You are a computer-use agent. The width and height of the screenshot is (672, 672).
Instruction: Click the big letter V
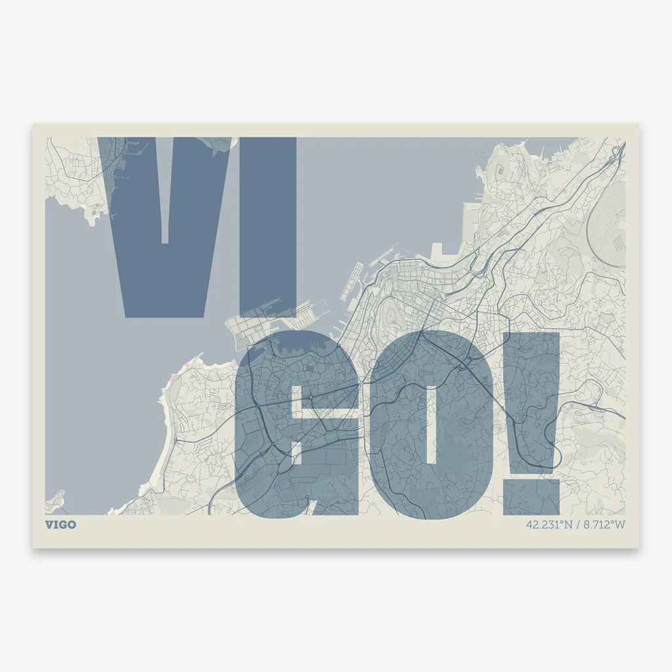point(131,262)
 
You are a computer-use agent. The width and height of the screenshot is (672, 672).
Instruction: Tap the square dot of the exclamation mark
point(532,497)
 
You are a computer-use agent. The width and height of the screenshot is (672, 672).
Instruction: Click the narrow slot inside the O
point(431,427)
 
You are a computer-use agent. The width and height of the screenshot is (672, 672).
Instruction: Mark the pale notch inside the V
point(165,190)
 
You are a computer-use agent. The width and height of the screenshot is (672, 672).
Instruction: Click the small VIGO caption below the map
point(60,525)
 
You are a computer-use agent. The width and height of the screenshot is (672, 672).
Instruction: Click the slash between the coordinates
point(577,525)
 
